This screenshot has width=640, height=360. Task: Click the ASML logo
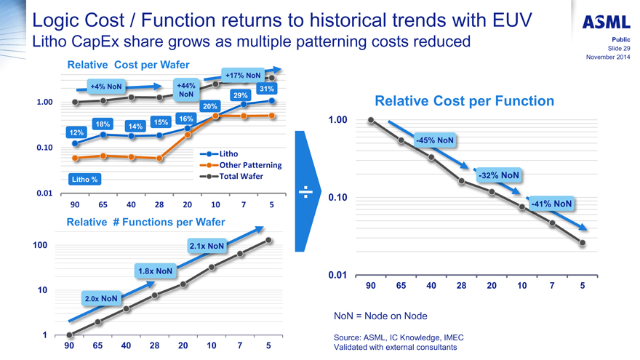point(606,22)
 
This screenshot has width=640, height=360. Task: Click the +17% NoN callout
point(243,75)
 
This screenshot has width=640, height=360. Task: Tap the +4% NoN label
point(105,86)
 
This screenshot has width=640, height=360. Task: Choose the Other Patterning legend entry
point(244,165)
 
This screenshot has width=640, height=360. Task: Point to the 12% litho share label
point(76,132)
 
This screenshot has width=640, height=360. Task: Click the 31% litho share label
point(265,89)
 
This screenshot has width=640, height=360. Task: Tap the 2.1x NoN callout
point(207,246)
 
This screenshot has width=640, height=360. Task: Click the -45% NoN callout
point(435,140)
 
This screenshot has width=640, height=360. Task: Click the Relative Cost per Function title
point(464,101)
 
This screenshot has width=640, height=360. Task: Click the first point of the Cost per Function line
point(371,120)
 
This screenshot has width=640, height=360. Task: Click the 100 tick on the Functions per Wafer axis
point(40,246)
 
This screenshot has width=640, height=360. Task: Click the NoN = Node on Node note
point(380,316)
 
